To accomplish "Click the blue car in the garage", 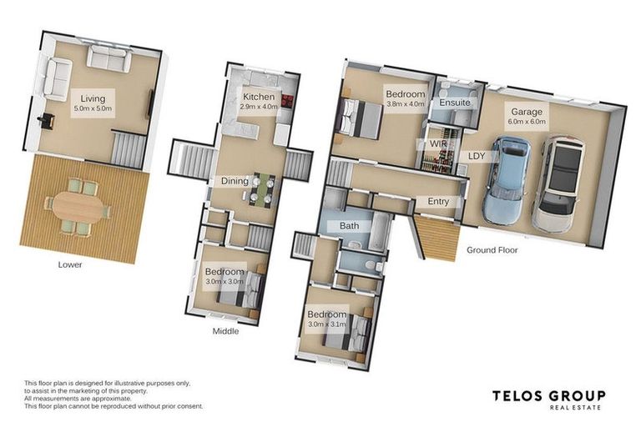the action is pos(507,180).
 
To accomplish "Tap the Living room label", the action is pos(93,98).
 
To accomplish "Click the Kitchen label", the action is pos(259,97).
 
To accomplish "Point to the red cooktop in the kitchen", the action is pos(287,101).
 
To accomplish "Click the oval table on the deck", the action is pos(78,207).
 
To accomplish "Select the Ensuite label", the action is pos(455,103).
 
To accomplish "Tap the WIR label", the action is pos(438,143).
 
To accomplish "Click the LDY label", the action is pos(477,156).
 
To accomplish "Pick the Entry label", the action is pos(438,202).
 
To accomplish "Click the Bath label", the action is pos(350,225).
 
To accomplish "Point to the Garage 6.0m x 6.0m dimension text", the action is pos(527,122).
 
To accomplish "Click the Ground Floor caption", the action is pos(492,250).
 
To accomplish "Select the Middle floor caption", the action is pos(225,331).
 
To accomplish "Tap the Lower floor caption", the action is pos(70,264).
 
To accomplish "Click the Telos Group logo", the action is pos(548,399).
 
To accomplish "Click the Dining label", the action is pos(235,181).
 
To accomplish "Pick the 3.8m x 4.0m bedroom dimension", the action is pos(405,103).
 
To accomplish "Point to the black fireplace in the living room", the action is pos(46,122).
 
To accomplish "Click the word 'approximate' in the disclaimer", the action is pos(111,399).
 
